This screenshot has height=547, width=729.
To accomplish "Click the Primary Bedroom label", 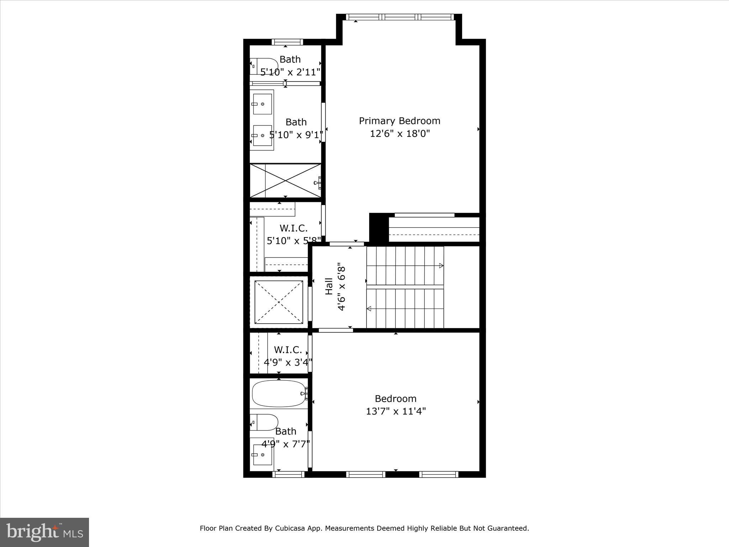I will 399,121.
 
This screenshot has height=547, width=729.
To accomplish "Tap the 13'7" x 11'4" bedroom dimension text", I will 396,411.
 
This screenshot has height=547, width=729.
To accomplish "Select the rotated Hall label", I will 329,286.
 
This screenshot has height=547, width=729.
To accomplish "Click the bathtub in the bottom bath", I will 279,394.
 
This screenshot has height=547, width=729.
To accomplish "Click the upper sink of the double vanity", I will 262,104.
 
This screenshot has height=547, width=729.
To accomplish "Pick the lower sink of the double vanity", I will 262,135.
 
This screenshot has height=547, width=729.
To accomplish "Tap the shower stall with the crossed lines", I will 285,181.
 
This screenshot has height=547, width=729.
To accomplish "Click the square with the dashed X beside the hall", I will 279,302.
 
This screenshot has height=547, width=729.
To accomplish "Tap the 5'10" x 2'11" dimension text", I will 290,72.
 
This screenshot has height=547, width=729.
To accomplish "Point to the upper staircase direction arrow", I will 441,266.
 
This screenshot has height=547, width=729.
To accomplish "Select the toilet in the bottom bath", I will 264,422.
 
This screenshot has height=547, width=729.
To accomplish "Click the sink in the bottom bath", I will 262,455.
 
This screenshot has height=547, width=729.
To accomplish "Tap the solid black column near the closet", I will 378,228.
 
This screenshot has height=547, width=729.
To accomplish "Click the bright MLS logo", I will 44,532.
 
